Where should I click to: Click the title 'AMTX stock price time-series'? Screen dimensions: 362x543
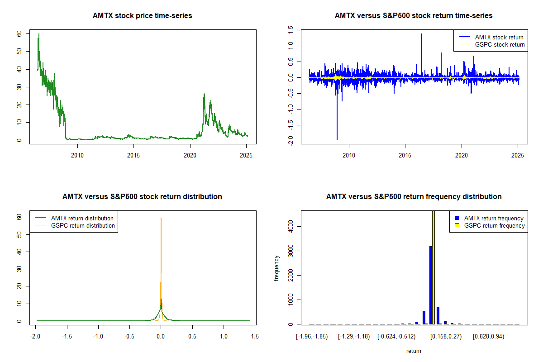pyautogui.click(x=142, y=16)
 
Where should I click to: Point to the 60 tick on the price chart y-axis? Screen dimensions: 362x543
pyautogui.click(x=19, y=34)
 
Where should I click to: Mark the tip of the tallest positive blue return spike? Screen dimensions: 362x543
pyautogui.click(x=422, y=34)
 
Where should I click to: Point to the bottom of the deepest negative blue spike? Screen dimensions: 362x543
pyautogui.click(x=337, y=139)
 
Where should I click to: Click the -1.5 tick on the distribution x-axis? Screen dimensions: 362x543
pyautogui.click(x=67, y=337)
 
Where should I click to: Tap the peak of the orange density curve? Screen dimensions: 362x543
pyautogui.click(x=161, y=217)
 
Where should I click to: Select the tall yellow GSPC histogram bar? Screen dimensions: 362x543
pyautogui.click(x=433, y=267)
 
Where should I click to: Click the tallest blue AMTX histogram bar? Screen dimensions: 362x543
pyautogui.click(x=431, y=285)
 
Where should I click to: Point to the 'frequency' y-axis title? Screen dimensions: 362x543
pyautogui.click(x=277, y=268)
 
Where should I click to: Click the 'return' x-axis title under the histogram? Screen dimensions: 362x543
pyautogui.click(x=414, y=351)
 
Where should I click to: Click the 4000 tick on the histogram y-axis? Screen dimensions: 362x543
pyautogui.click(x=291, y=226)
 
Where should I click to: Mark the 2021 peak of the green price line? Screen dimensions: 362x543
pyautogui.click(x=204, y=94)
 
